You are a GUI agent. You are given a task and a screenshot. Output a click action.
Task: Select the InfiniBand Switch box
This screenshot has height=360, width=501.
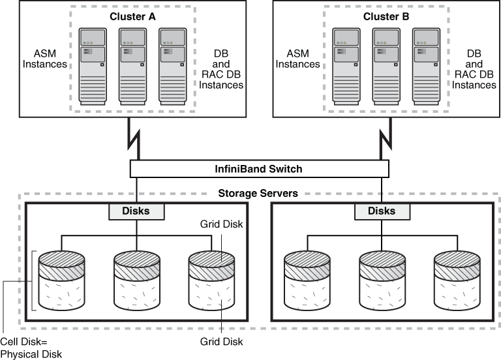(259, 169)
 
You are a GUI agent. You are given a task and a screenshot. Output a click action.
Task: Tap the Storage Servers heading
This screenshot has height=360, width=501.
(259, 193)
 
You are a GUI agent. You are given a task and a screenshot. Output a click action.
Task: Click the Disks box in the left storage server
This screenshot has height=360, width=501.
(136, 211)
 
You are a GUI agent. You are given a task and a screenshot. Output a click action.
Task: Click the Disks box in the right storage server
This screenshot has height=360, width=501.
(382, 211)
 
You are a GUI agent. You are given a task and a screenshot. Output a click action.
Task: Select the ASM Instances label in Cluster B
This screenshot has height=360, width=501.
(297, 59)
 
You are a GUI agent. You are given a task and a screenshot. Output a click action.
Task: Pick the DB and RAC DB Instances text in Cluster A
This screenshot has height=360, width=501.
(221, 69)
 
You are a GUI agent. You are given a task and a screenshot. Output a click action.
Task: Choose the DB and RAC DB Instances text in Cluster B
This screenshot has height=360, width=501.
(474, 69)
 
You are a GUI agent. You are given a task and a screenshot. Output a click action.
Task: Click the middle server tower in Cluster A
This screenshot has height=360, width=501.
(136, 66)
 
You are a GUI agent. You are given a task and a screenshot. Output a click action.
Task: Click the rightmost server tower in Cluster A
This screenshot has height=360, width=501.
(177, 66)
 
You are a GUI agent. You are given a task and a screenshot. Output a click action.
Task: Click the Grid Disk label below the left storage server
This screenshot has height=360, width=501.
(222, 342)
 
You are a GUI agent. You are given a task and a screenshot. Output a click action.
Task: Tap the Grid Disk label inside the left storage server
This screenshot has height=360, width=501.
(222, 224)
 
